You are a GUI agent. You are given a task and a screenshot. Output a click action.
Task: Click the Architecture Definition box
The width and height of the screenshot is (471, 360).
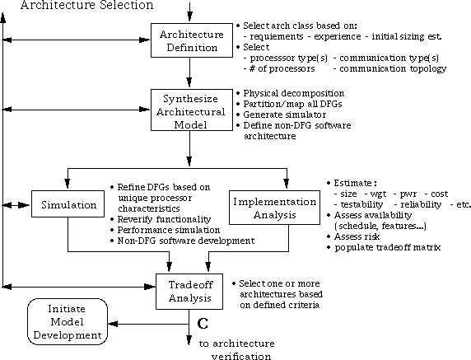point(192,40)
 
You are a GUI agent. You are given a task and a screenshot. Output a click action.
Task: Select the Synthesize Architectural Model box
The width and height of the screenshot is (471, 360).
point(192,110)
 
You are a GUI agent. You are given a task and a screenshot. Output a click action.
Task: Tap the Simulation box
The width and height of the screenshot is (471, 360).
point(68,203)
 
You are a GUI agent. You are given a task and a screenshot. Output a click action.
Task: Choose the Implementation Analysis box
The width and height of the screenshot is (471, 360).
point(274,208)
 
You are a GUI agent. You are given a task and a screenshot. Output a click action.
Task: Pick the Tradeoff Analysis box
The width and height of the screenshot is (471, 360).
point(189,292)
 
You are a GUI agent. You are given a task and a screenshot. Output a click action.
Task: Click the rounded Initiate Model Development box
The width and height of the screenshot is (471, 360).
point(68,321)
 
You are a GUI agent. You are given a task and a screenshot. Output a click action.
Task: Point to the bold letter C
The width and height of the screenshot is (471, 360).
point(203,323)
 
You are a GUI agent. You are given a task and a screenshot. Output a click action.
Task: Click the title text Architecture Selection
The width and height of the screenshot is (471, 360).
point(86,5)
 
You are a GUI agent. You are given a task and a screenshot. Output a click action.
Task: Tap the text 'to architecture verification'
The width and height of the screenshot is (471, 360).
point(237,350)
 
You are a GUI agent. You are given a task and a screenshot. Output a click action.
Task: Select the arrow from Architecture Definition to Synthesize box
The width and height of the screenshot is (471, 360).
point(189,72)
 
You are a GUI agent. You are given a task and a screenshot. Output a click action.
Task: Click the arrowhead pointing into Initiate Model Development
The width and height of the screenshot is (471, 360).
point(113,324)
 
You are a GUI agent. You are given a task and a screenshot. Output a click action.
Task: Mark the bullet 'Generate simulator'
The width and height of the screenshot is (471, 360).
point(282,115)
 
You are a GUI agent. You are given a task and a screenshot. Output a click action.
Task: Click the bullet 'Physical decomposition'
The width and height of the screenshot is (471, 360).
point(291,93)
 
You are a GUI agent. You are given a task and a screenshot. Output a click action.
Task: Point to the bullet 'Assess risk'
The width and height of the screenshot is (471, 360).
point(353,236)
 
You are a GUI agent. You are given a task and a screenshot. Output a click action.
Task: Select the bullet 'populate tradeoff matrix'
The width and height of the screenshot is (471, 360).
point(384,247)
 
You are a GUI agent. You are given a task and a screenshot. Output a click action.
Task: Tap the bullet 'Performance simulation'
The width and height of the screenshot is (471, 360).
point(166,230)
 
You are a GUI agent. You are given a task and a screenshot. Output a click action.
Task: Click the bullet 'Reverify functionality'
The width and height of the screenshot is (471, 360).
point(161,219)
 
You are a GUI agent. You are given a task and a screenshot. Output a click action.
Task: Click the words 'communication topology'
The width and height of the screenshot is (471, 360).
point(393,69)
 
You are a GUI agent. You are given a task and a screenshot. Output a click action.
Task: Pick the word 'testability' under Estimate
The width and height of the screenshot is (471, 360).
point(362,204)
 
